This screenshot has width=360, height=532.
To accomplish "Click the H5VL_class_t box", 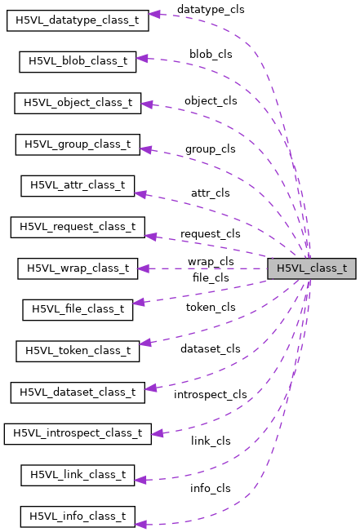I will pyautogui.click(x=311, y=268).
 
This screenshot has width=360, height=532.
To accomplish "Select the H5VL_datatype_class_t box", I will pyautogui.click(x=78, y=20).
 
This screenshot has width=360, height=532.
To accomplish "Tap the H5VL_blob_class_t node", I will pyautogui.click(x=78, y=61).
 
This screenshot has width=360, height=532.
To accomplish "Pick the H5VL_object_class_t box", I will pyautogui.click(x=78, y=103).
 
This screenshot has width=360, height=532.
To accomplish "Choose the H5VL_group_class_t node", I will pyautogui.click(x=78, y=144).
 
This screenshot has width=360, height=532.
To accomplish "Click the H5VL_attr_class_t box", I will pyautogui.click(x=78, y=185).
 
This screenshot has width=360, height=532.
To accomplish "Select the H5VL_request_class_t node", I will pyautogui.click(x=78, y=227).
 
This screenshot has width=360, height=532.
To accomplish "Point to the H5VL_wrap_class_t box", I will pyautogui.click(x=78, y=268).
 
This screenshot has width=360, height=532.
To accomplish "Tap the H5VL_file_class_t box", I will pyautogui.click(x=78, y=309).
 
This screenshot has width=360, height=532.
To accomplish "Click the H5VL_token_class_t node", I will pyautogui.click(x=78, y=351).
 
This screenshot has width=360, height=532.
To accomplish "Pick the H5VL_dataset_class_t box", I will pyautogui.click(x=78, y=392).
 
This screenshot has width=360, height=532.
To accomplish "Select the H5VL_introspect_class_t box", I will pyautogui.click(x=78, y=433).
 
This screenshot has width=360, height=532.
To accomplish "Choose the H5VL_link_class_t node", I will pyautogui.click(x=78, y=475).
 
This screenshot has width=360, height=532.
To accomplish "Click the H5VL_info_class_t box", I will pyautogui.click(x=78, y=516).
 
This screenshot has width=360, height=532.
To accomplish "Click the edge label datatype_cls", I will pyautogui.click(x=210, y=9).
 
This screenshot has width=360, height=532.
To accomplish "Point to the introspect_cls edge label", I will pyautogui.click(x=210, y=395).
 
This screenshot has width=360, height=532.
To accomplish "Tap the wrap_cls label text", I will pyautogui.click(x=211, y=262).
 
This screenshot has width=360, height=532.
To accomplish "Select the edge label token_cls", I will pyautogui.click(x=210, y=308).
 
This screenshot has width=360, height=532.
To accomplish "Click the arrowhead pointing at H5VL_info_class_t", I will pyautogui.click(x=141, y=523).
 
